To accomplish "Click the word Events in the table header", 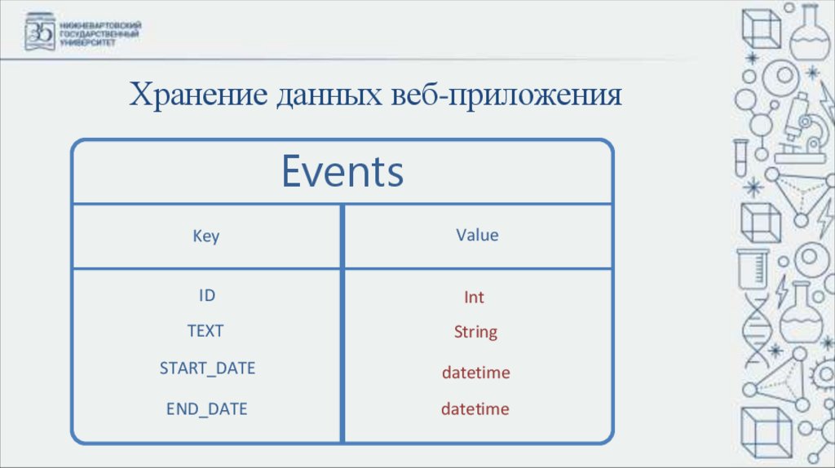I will coord(342,172).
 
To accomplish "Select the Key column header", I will coord(205,236).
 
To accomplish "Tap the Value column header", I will coord(477,235).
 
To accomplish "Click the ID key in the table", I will coord(207,295).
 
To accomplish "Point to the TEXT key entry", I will coord(205,331).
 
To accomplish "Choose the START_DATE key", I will coord(207,369).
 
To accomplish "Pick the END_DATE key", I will coord(206,408).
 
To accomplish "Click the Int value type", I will coord(474,298).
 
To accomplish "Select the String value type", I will coord(475,333).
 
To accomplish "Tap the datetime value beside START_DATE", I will coord(475,373).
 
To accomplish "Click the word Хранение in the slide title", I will coord(198,96).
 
